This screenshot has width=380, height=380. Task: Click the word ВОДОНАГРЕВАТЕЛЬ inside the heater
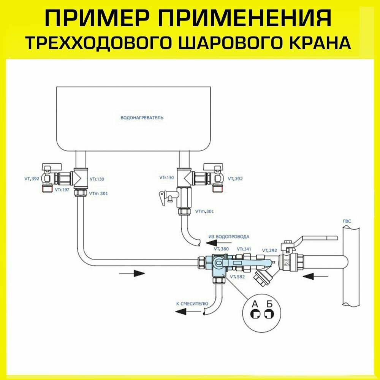[141, 118]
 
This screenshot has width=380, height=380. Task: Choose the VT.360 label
[221, 249]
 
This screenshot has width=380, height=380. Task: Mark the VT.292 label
[269, 250]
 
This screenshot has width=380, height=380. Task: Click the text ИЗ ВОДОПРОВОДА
[229, 236]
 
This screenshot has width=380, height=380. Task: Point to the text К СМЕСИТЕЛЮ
[192, 304]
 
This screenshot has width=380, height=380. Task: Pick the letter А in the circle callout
[256, 304]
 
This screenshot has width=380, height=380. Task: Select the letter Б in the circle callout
[269, 304]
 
